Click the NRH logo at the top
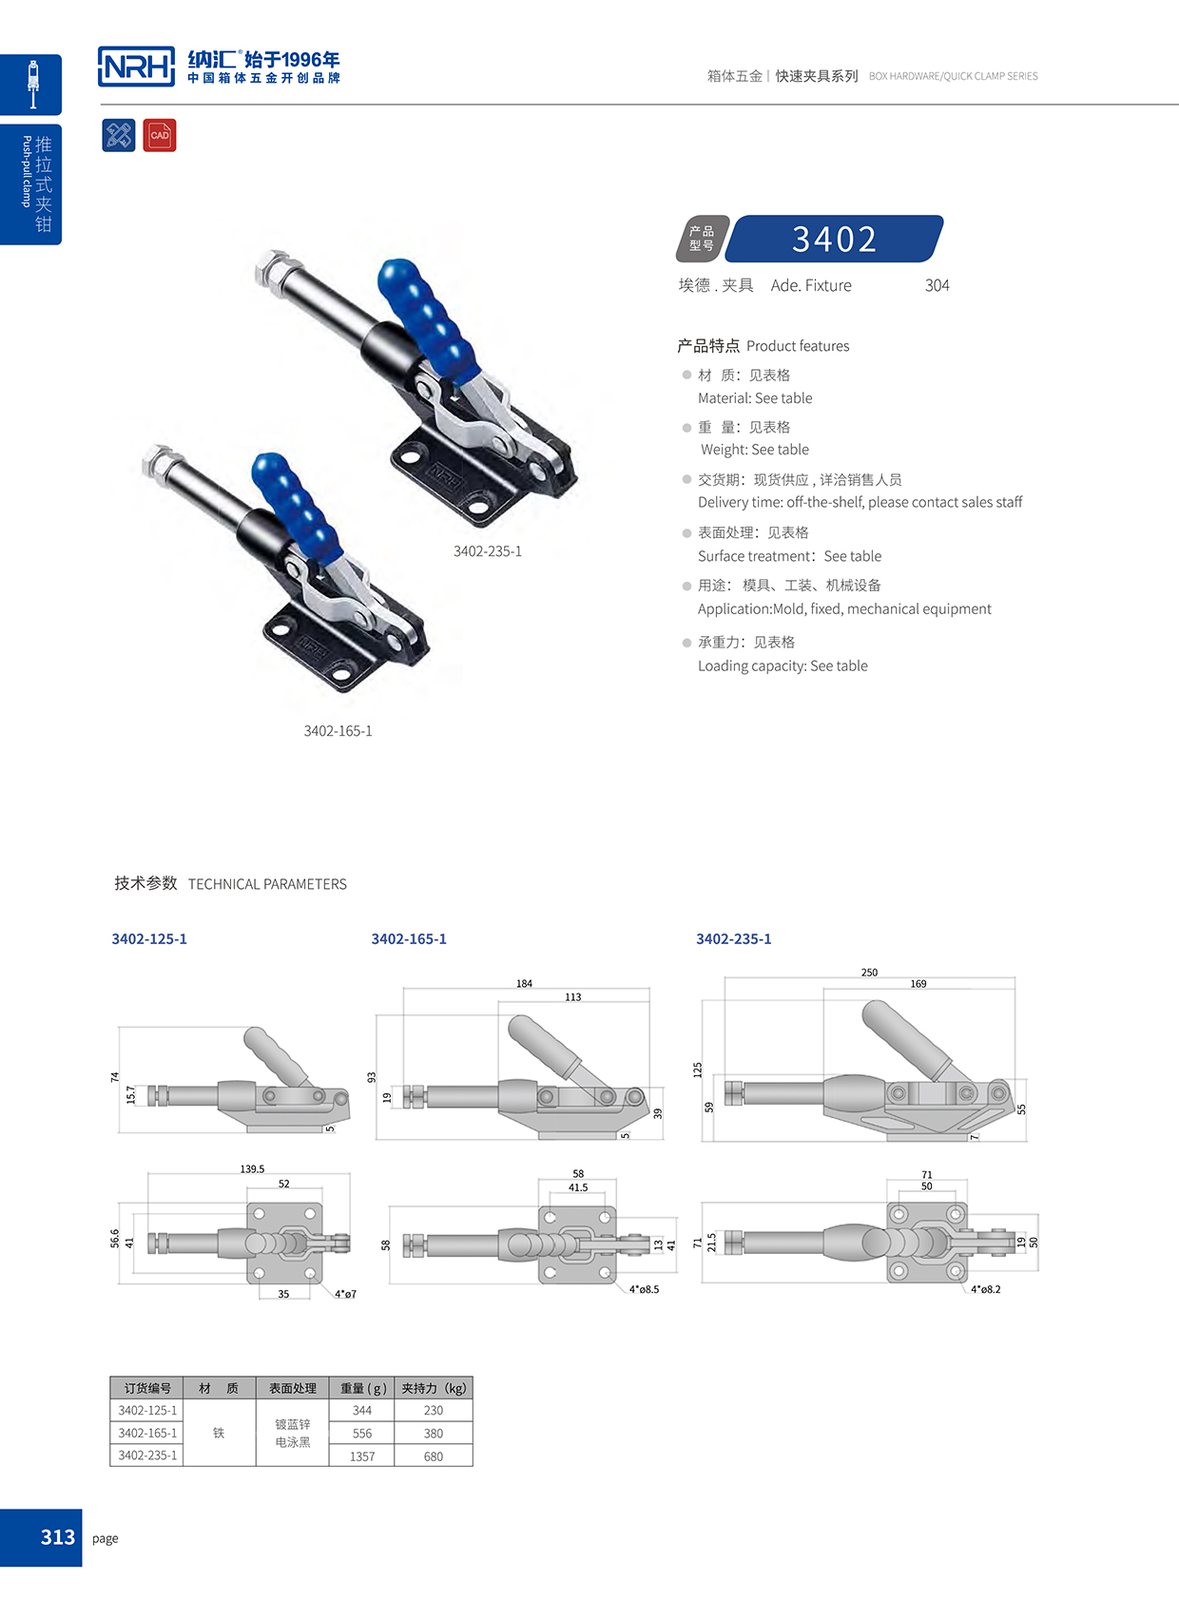coord(137,67)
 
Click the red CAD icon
coord(160,135)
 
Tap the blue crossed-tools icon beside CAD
coord(119,135)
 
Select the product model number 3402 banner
coord(834,239)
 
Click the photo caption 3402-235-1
coord(487,551)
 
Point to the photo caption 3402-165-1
coord(338,731)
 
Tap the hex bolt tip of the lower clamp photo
coord(156,462)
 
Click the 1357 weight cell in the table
coord(361,1456)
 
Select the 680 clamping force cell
coord(433,1456)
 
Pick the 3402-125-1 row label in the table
coord(147,1411)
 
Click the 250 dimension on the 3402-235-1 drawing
coord(869,973)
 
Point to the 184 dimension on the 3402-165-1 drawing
coord(524,984)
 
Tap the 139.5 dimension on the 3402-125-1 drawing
coord(252,1169)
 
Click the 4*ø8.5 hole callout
coord(644,1290)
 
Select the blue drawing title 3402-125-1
coord(149,939)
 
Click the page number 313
coord(57,1537)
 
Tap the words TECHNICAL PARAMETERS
coord(267,884)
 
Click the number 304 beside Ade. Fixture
coord(937,285)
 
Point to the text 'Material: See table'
coord(755,398)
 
